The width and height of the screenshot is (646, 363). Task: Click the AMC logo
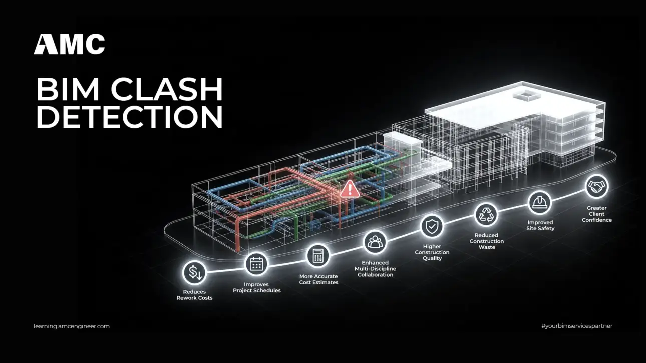coord(69,44)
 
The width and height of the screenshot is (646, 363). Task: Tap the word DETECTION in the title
coord(130,117)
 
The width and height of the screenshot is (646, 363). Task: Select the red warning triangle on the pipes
coord(350,189)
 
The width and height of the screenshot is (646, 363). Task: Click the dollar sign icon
coord(195,272)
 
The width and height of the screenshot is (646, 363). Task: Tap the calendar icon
coord(256,264)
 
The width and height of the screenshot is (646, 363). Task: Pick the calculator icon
coord(318,255)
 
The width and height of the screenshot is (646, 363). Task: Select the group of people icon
coord(375,242)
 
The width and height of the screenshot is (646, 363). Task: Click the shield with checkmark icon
coord(432,226)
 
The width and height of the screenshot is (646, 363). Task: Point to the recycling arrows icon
coord(486,214)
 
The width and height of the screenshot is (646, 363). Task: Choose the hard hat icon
coord(540,202)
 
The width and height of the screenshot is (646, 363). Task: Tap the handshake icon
coord(597,186)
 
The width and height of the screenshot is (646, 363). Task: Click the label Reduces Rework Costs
coord(194,295)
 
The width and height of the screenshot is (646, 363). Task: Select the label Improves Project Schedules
coord(257,287)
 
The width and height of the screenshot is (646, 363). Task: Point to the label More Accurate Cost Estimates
coord(318,279)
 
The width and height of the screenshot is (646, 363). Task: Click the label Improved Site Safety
coord(540,225)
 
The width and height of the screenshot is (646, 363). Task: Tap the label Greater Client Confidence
coord(597,214)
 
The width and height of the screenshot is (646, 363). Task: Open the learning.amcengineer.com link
coord(72,326)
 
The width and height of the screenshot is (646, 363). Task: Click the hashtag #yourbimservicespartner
coord(577,326)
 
